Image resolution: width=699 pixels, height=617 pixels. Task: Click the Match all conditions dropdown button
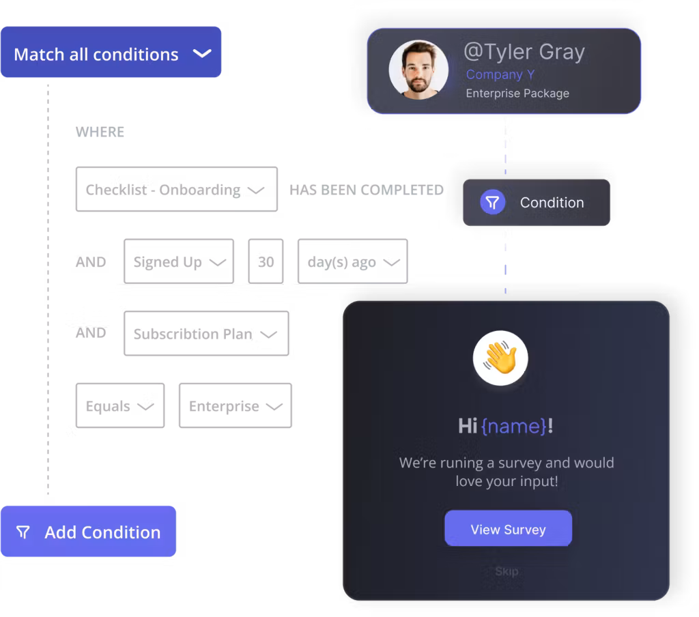pyautogui.click(x=111, y=53)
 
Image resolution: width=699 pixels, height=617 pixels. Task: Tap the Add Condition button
pyautogui.click(x=89, y=532)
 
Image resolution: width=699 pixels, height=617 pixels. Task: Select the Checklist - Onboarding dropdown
pyautogui.click(x=176, y=189)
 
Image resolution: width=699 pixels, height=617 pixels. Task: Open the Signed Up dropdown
pyautogui.click(x=178, y=261)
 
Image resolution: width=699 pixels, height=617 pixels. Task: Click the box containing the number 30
pyautogui.click(x=266, y=261)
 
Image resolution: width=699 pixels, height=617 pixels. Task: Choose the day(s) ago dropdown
pyautogui.click(x=352, y=261)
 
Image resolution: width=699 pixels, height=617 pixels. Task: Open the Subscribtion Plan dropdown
pyautogui.click(x=205, y=334)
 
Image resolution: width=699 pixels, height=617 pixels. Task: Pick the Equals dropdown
pyautogui.click(x=119, y=406)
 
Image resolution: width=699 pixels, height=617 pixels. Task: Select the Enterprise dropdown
pyautogui.click(x=235, y=406)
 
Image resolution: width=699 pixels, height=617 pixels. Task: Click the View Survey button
pyautogui.click(x=508, y=529)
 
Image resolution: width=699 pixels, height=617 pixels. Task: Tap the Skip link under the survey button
pyautogui.click(x=507, y=571)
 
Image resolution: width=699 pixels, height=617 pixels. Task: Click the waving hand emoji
pyautogui.click(x=500, y=358)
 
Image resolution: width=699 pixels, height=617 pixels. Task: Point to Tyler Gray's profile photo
pyautogui.click(x=418, y=70)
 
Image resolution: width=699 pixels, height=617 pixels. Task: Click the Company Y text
pyautogui.click(x=500, y=75)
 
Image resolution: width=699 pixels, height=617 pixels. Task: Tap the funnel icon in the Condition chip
pyautogui.click(x=492, y=202)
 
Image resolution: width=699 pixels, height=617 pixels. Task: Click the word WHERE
pyautogui.click(x=100, y=132)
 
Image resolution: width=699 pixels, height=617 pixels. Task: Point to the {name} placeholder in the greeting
pyautogui.click(x=513, y=427)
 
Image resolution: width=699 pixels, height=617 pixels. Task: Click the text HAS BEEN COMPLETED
pyautogui.click(x=367, y=190)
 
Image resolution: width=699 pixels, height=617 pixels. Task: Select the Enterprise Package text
pyautogui.click(x=517, y=94)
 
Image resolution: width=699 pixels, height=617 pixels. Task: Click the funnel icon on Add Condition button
pyautogui.click(x=23, y=532)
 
